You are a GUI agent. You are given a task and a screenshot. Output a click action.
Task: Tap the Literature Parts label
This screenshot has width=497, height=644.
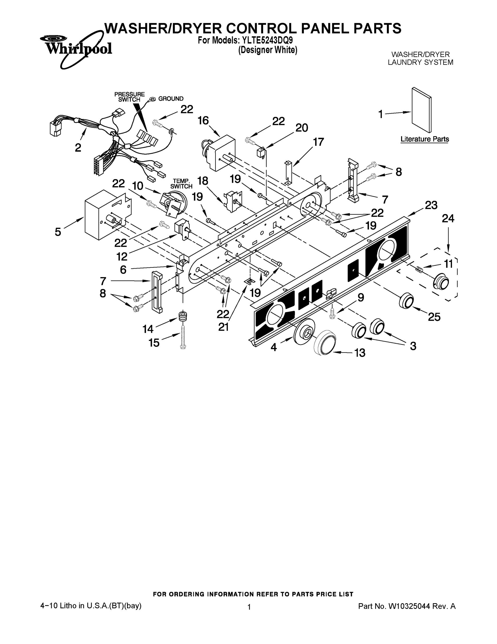[425, 139]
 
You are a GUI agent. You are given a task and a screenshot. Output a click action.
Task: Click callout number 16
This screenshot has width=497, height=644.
[203, 120]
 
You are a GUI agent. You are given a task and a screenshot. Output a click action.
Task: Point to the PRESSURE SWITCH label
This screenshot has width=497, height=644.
[130, 97]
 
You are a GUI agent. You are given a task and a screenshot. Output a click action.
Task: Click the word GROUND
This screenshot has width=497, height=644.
[171, 99]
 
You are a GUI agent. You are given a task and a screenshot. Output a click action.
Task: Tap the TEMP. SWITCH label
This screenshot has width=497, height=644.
[181, 184]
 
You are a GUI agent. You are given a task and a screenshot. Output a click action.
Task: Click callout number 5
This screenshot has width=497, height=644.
[58, 232]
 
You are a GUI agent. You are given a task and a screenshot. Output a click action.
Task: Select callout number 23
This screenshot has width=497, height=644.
[431, 205]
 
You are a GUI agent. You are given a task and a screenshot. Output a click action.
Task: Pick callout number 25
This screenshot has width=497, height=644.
[434, 317]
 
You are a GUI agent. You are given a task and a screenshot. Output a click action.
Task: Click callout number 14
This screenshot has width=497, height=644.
[148, 329]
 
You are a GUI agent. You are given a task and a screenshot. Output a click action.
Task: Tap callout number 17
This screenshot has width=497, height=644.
[318, 142]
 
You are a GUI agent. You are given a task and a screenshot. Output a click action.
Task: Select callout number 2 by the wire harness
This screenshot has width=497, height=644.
[78, 147]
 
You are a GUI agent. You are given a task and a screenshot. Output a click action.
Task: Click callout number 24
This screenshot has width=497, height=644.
[448, 218]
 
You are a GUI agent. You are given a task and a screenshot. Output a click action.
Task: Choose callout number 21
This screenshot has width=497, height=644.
[223, 327]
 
